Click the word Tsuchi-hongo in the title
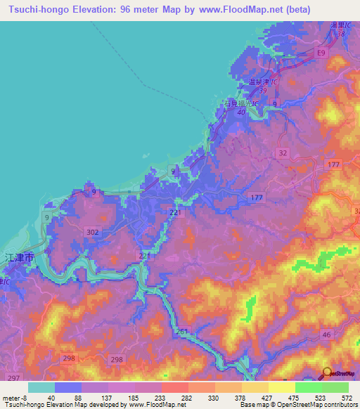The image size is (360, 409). [36, 9]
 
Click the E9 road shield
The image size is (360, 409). [321, 53]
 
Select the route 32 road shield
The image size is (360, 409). [283, 152]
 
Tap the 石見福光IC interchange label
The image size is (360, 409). [241, 104]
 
